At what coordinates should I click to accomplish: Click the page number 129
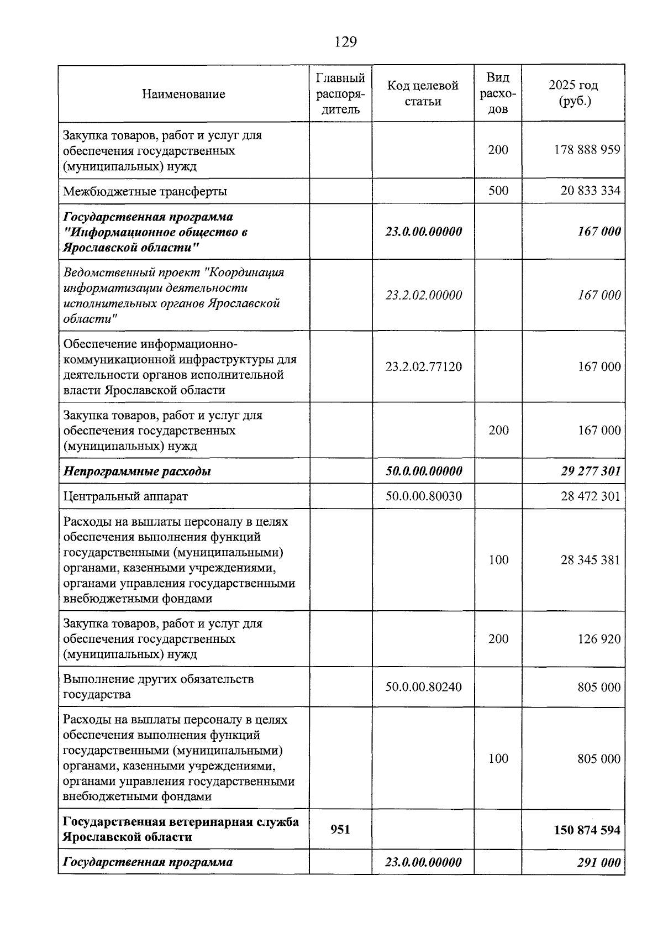346,42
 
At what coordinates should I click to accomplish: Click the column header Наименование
183,94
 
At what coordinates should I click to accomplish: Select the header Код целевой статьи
423,93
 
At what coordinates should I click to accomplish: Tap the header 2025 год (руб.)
573,93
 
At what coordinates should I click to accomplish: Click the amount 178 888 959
587,150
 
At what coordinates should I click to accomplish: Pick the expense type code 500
498,191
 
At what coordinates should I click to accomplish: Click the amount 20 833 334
590,191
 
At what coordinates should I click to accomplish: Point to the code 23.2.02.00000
423,295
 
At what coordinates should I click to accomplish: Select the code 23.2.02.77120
423,366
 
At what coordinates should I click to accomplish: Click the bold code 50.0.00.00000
423,471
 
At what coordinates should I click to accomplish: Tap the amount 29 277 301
590,471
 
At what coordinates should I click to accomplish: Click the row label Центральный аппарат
125,496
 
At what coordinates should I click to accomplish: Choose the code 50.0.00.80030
423,496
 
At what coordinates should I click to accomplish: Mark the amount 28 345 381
590,560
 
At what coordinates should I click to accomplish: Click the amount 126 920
599,639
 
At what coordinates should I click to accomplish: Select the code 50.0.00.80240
423,687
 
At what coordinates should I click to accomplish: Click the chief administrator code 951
340,829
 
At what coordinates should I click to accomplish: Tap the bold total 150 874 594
587,830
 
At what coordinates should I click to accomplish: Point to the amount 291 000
599,862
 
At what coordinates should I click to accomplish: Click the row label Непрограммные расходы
137,471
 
